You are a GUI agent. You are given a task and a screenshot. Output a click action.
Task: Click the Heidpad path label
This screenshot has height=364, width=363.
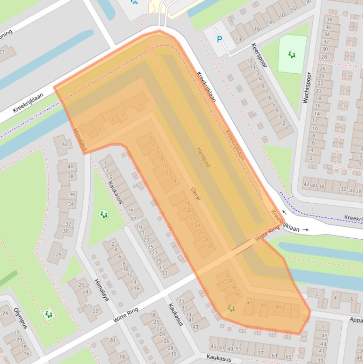[x=203, y=157]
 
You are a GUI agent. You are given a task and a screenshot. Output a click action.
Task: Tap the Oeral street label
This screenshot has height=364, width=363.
[x=195, y=193]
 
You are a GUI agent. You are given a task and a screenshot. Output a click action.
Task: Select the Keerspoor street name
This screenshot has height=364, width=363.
[x=260, y=56]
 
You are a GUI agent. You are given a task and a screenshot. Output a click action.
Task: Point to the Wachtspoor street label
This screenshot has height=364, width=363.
[x=307, y=87]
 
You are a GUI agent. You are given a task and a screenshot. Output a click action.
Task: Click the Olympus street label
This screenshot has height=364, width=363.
[x=20, y=318]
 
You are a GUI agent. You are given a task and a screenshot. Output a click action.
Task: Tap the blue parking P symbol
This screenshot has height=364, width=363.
[x=219, y=40]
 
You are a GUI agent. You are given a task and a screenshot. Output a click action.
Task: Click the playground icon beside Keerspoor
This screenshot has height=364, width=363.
[x=292, y=55]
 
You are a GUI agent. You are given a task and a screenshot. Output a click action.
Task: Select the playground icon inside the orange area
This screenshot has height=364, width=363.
[x=231, y=308]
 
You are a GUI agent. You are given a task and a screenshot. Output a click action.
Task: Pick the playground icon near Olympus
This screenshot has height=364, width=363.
[x=48, y=313]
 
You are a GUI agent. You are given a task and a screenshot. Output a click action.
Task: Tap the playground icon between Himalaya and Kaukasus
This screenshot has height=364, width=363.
[x=104, y=215]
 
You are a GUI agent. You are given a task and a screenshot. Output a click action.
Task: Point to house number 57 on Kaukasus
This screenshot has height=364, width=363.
[x=261, y=353]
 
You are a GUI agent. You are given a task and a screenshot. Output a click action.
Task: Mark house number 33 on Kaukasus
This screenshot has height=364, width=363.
[x=164, y=273]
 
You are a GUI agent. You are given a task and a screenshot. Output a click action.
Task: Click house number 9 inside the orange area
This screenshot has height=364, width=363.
[x=139, y=105]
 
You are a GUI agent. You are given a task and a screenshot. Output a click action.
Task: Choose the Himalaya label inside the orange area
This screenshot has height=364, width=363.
[x=80, y=140]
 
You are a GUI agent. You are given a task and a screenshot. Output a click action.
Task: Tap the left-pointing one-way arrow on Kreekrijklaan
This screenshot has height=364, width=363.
[x=285, y=212]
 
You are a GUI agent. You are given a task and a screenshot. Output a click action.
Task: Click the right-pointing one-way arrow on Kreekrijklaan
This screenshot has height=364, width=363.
[x=306, y=230]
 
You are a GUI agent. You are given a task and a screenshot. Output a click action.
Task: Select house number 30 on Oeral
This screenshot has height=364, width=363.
[x=210, y=246]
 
